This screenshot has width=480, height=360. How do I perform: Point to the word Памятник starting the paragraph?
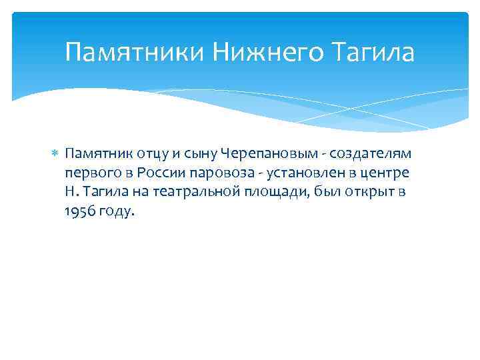click(93, 154)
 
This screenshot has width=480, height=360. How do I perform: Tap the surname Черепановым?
click(261, 154)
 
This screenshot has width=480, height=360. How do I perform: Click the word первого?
click(87, 173)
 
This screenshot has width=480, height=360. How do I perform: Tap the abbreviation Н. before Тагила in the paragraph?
click(71, 192)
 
